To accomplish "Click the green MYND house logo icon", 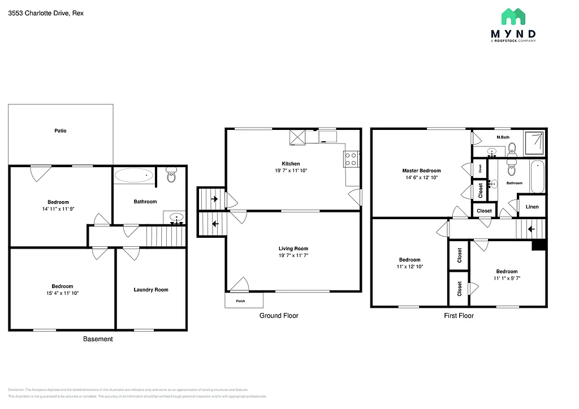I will tap(513, 17).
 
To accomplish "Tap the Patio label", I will tap(61, 130).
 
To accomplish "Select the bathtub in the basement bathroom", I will tap(134, 176).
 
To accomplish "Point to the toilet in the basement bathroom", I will tap(172, 176).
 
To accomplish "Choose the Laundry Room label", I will tap(151, 290).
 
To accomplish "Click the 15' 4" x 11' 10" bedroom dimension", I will tap(62, 293).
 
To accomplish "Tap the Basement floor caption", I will tap(98, 339).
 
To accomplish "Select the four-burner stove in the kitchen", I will tap(351, 159).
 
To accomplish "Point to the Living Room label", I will tap(293, 249).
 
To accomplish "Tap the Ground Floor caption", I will tap(279, 316).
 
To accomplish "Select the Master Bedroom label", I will tap(421, 171).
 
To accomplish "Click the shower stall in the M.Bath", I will tap(535, 142).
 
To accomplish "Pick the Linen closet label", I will tap(532, 207).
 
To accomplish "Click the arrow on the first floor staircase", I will tap(531, 229).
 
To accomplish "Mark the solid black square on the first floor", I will tap(539, 245).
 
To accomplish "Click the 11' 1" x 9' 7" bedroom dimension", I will tap(507, 278).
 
